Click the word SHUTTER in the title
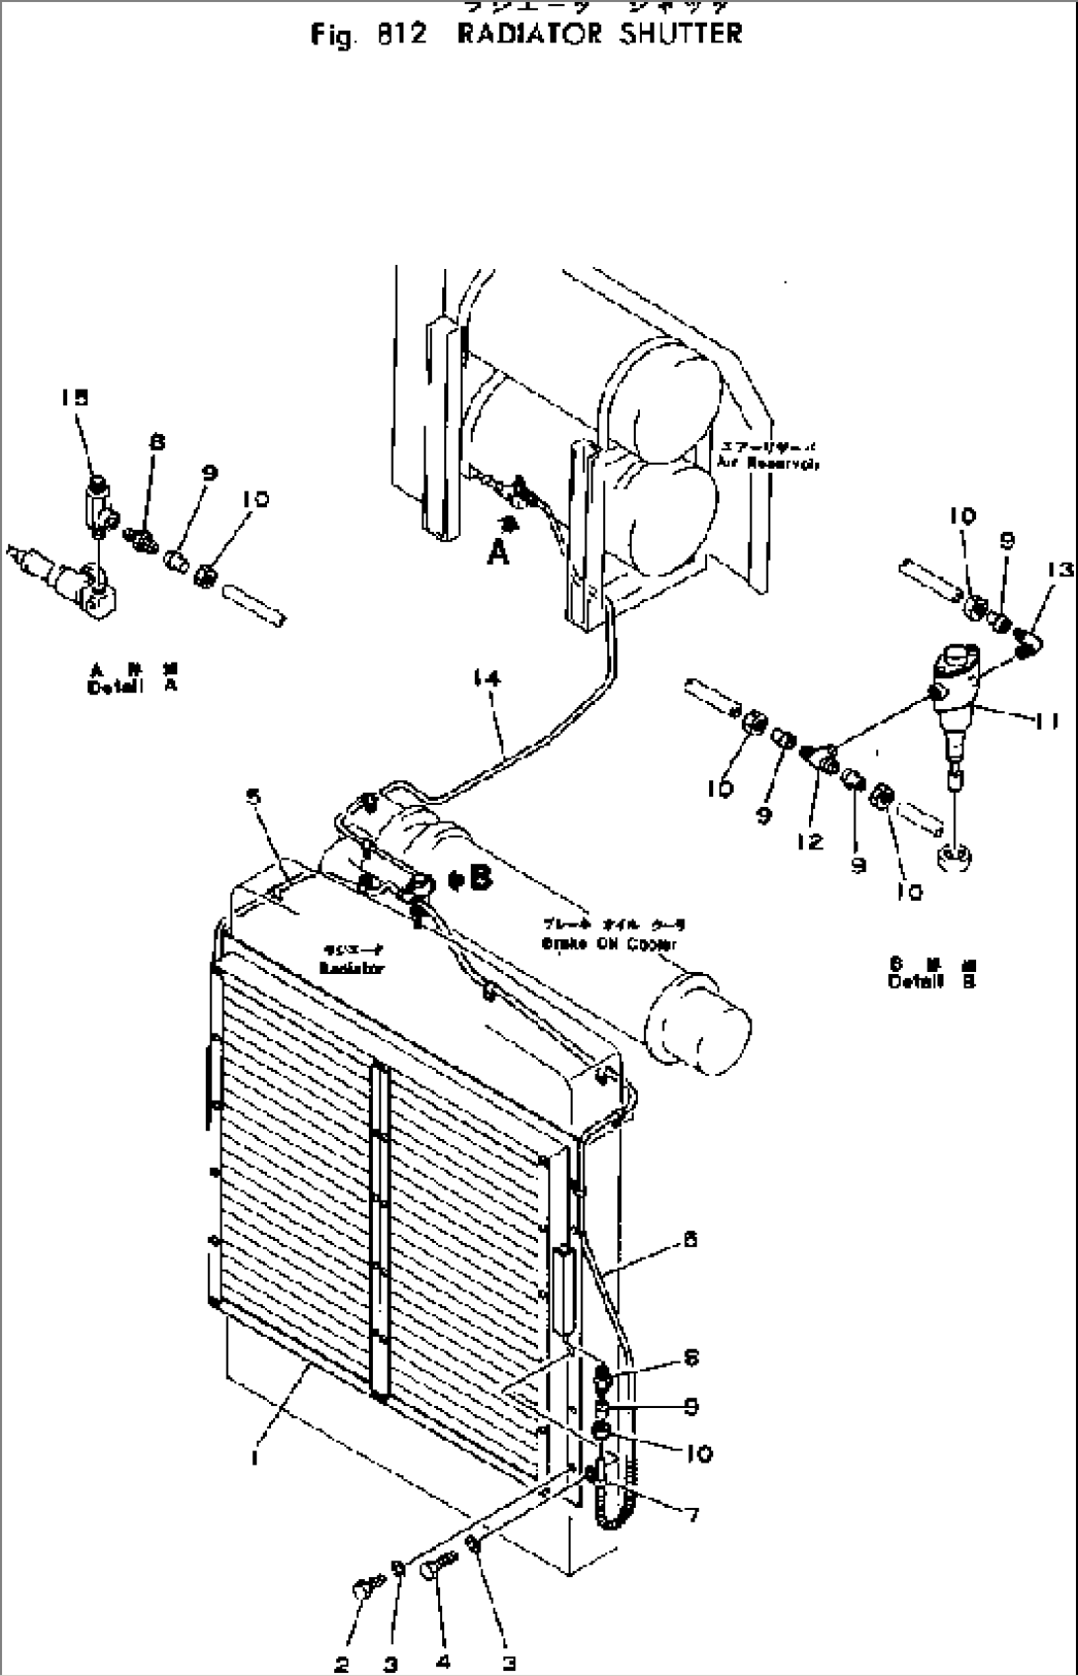679,34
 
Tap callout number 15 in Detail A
73,397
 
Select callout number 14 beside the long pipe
486,678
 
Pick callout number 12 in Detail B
809,840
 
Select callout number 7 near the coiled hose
692,1514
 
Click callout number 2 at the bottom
341,1664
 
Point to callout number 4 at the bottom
443,1662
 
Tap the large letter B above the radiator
481,879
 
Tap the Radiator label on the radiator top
351,968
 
